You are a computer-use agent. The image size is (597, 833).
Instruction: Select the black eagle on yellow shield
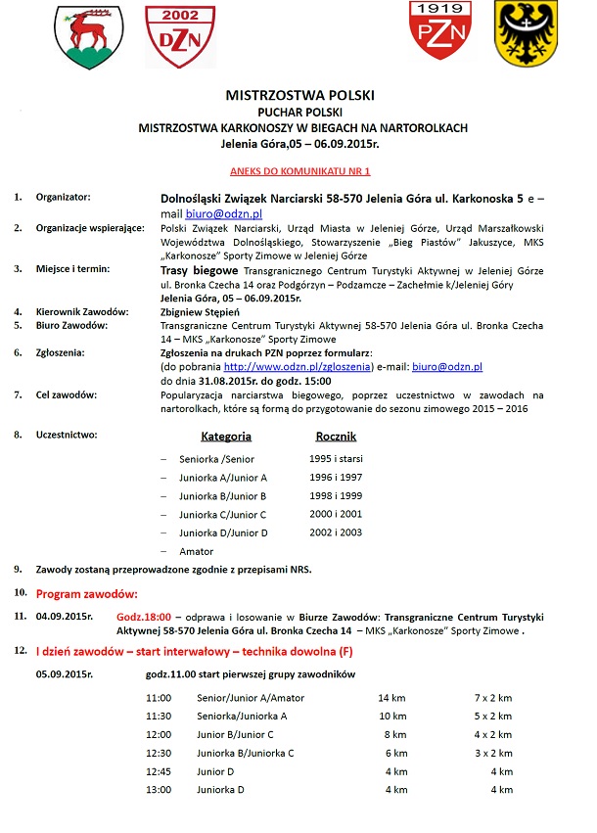pyautogui.click(x=525, y=33)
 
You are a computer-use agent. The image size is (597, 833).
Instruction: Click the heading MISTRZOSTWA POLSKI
pyautogui.click(x=299, y=97)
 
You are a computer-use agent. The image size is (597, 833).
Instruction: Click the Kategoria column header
pyautogui.click(x=226, y=437)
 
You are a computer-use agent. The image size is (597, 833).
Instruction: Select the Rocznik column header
pyautogui.click(x=336, y=437)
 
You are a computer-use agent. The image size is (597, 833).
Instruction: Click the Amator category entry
pyautogui.click(x=197, y=552)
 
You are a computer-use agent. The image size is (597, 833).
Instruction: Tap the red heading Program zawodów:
pyautogui.click(x=86, y=593)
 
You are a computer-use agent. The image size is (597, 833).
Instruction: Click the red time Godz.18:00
pyautogui.click(x=145, y=617)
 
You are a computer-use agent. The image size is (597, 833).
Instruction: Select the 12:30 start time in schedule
pyautogui.click(x=158, y=753)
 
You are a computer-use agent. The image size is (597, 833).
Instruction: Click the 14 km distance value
pyautogui.click(x=391, y=698)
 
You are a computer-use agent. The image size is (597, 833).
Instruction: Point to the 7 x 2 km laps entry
pyautogui.click(x=493, y=698)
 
